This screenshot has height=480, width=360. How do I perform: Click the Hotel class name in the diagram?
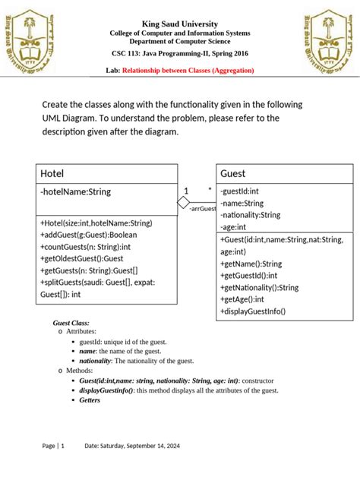pos(52,174)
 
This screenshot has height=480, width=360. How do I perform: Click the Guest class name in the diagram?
pos(232,174)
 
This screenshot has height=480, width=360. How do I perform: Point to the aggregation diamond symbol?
pos(183,203)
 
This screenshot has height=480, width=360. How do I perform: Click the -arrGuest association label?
pos(203,208)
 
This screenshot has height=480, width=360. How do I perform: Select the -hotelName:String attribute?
pos(75,192)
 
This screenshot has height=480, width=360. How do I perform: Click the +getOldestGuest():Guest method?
pos(87,258)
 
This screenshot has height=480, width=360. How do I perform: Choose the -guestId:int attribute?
pos(239,192)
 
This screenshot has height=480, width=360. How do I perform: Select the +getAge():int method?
pos(248,299)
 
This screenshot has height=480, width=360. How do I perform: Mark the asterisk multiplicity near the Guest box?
pos(209,189)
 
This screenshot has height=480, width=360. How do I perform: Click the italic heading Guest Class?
pos(71,323)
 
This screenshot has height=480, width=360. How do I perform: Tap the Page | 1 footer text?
pos(53,446)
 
